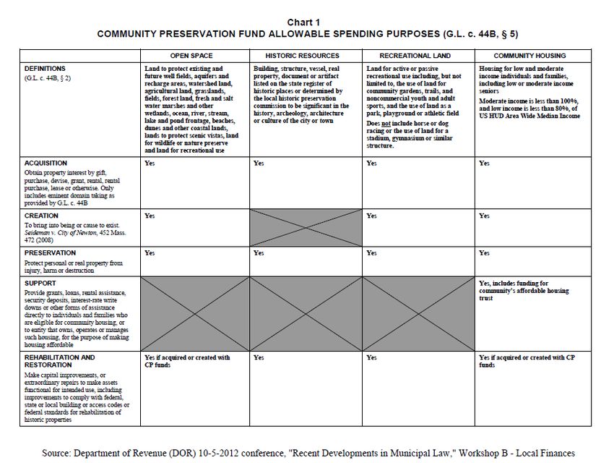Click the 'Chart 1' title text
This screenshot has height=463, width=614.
tap(307, 22)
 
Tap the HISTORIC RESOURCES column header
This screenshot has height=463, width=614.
tap(302, 56)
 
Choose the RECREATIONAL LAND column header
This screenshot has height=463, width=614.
tap(415, 56)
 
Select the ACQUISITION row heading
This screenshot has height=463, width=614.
tap(46, 163)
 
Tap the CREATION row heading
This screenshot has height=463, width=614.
tap(41, 216)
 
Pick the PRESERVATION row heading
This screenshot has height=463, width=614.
tap(50, 253)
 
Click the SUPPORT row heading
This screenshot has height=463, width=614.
tap(40, 284)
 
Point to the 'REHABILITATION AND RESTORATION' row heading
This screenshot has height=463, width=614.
tap(59, 362)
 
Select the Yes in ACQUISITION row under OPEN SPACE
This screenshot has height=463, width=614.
tap(150, 163)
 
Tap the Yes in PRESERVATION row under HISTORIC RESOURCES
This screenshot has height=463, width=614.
tap(259, 253)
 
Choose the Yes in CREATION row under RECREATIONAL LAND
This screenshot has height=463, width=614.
tap(371, 216)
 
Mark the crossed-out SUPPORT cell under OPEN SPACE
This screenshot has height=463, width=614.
tap(193, 313)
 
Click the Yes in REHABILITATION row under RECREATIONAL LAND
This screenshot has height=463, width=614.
tap(371, 357)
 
